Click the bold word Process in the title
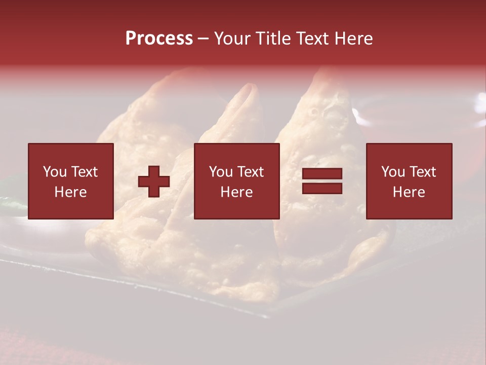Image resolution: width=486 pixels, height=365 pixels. (159, 39)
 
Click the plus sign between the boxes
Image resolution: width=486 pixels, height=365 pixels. (154, 181)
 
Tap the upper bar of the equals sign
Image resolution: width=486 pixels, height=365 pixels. (322, 174)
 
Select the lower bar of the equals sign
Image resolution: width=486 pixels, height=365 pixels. (322, 189)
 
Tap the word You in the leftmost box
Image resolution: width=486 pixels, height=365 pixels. (55, 172)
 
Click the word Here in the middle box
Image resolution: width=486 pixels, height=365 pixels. (236, 192)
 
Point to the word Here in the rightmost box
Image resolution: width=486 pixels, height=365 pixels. (409, 192)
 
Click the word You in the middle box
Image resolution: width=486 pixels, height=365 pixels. (221, 172)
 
